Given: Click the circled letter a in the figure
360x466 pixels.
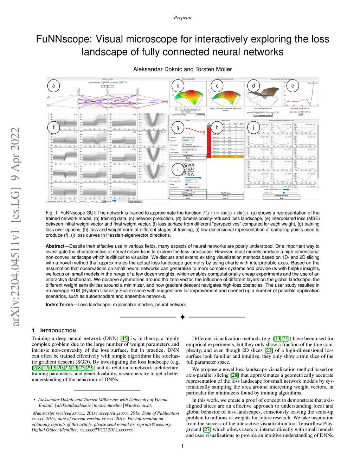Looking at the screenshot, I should [53, 86].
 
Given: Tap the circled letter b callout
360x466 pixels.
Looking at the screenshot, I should [178, 86].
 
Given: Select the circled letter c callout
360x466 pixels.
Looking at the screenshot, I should [217, 86].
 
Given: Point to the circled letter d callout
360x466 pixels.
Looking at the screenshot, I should [253, 86].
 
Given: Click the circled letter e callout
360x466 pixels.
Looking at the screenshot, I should [292, 86].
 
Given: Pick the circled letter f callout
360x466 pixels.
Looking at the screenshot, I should [53, 127].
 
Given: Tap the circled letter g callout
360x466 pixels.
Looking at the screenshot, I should [178, 128].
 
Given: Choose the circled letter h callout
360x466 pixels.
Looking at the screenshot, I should [217, 128].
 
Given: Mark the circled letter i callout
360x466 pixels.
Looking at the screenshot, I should [178, 170].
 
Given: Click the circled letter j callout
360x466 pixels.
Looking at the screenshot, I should [253, 128].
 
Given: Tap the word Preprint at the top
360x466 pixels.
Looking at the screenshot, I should [182, 18].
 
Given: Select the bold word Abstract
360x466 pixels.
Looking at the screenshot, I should [55, 246].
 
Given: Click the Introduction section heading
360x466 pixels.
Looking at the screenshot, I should [58, 331].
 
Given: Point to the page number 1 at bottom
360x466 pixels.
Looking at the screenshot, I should [182, 446].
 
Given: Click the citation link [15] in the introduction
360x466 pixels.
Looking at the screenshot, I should [124, 339].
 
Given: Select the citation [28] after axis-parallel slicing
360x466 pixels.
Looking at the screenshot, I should [234, 375].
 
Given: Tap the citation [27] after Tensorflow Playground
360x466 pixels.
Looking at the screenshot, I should [207, 429].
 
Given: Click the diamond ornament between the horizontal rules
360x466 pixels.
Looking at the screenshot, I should [182, 317].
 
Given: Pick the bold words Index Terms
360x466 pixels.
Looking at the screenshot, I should [59, 305].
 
